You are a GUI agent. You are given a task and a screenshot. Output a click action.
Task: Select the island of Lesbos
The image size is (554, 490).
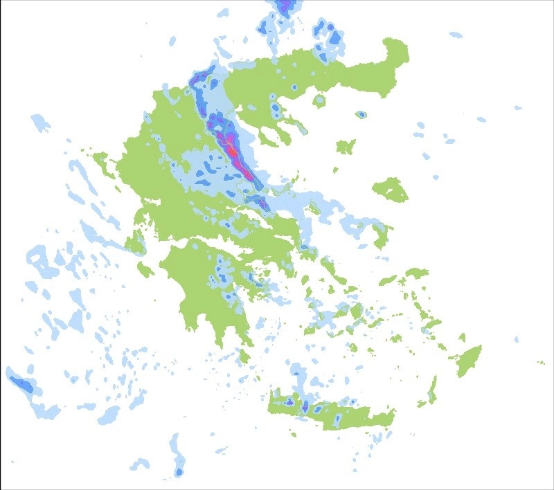(391, 189)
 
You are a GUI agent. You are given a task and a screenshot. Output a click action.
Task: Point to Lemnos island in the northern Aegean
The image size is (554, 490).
(345, 147)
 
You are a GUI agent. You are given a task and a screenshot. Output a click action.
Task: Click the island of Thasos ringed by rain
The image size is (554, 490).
(319, 101)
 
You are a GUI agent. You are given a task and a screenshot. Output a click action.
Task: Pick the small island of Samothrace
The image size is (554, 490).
(361, 114)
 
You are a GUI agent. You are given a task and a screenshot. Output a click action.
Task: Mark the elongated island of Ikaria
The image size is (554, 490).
(388, 280)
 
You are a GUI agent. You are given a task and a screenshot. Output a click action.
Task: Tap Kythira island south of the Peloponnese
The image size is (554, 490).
(243, 356)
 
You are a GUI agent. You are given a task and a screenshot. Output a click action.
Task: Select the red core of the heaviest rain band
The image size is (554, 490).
(233, 149)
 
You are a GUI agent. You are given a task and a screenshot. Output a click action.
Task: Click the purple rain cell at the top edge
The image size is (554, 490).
(283, 6)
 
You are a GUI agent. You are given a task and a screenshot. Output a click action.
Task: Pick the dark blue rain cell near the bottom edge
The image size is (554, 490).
(179, 472)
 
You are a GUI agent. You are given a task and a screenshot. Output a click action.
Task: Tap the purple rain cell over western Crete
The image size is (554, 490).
(305, 405)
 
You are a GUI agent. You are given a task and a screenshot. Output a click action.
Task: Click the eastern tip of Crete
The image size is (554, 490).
(393, 413)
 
